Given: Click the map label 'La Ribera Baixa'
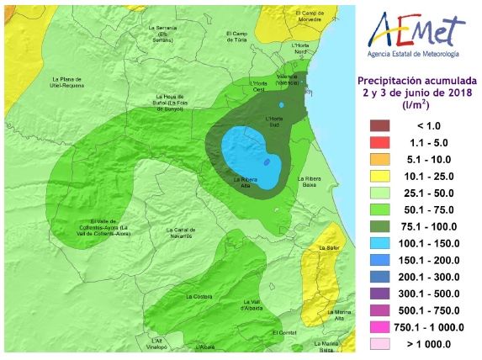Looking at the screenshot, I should pyautogui.click(x=311, y=182).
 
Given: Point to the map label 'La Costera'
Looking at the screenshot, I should pyautogui.click(x=199, y=295).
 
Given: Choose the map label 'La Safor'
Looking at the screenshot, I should pyautogui.click(x=330, y=248).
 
